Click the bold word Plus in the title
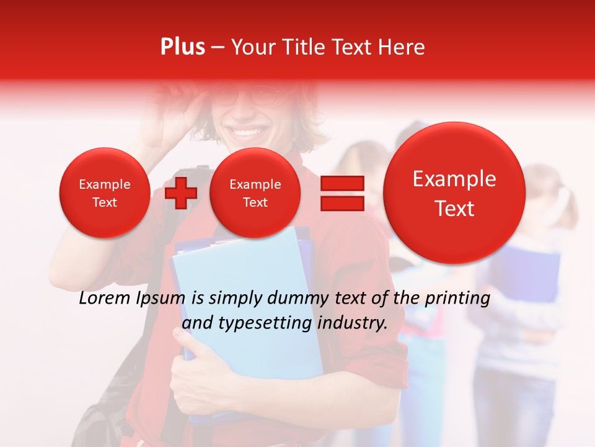pos(183,47)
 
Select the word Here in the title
pos(403,47)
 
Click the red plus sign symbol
pos(181,192)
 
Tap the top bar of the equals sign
pos(342,184)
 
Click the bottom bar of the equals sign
pos(342,204)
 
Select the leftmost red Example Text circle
pos(104,192)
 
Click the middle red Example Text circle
pos(255,192)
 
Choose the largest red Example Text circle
pos(454,193)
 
